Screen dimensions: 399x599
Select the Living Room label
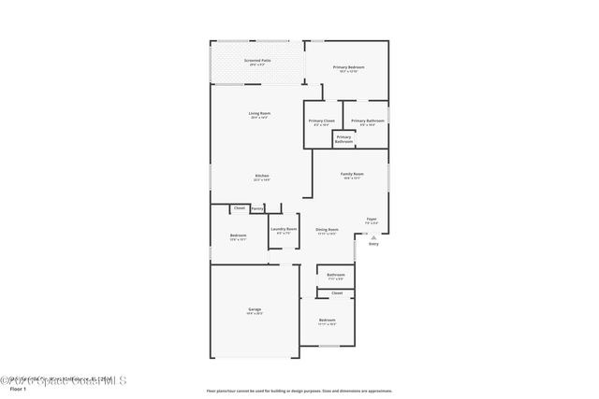(x=259, y=115)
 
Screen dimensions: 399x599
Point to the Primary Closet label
(x=321, y=121)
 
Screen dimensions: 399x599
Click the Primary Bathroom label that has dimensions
(x=367, y=121)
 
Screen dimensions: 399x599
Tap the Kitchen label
(x=262, y=178)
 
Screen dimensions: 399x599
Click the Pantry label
(x=256, y=208)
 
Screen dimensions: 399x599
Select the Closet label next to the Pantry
(x=239, y=208)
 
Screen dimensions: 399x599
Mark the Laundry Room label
(x=284, y=230)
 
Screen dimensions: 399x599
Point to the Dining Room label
(x=327, y=230)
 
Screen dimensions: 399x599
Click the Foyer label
(x=372, y=219)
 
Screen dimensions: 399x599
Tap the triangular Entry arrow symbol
(x=373, y=237)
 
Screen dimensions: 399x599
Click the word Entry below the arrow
(x=373, y=244)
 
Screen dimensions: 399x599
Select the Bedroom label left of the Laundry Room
(x=238, y=236)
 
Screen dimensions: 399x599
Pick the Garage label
(x=255, y=310)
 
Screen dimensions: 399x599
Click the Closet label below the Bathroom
(x=336, y=293)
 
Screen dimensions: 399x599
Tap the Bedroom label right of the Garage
(x=327, y=321)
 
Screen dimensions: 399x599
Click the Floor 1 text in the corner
(x=13, y=388)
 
